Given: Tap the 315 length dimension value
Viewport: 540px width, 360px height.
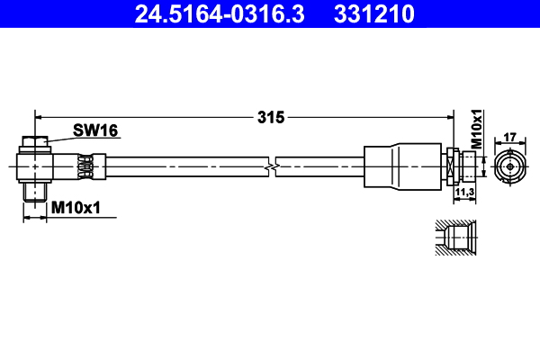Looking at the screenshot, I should pos(270,117).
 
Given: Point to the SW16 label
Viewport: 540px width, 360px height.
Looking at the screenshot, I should pos(94,131).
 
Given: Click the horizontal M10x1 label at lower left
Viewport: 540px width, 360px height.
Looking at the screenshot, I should pos(76,209).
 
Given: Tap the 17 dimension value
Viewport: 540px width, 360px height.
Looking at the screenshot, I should pos(509,137).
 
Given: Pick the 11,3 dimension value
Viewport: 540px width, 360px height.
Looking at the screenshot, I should pos(464,192).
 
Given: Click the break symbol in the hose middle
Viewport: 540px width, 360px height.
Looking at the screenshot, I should pos(271,166).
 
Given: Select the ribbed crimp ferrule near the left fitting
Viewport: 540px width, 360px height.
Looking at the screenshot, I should pos(86,166).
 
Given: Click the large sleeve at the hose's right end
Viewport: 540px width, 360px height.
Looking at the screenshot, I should pos(403,166).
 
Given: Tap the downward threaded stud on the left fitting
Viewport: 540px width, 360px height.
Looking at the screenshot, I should pos(34,192).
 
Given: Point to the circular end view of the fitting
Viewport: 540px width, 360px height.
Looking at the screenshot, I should pos(509,166).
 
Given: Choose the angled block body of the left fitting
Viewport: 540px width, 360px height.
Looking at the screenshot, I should pos(45,166).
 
